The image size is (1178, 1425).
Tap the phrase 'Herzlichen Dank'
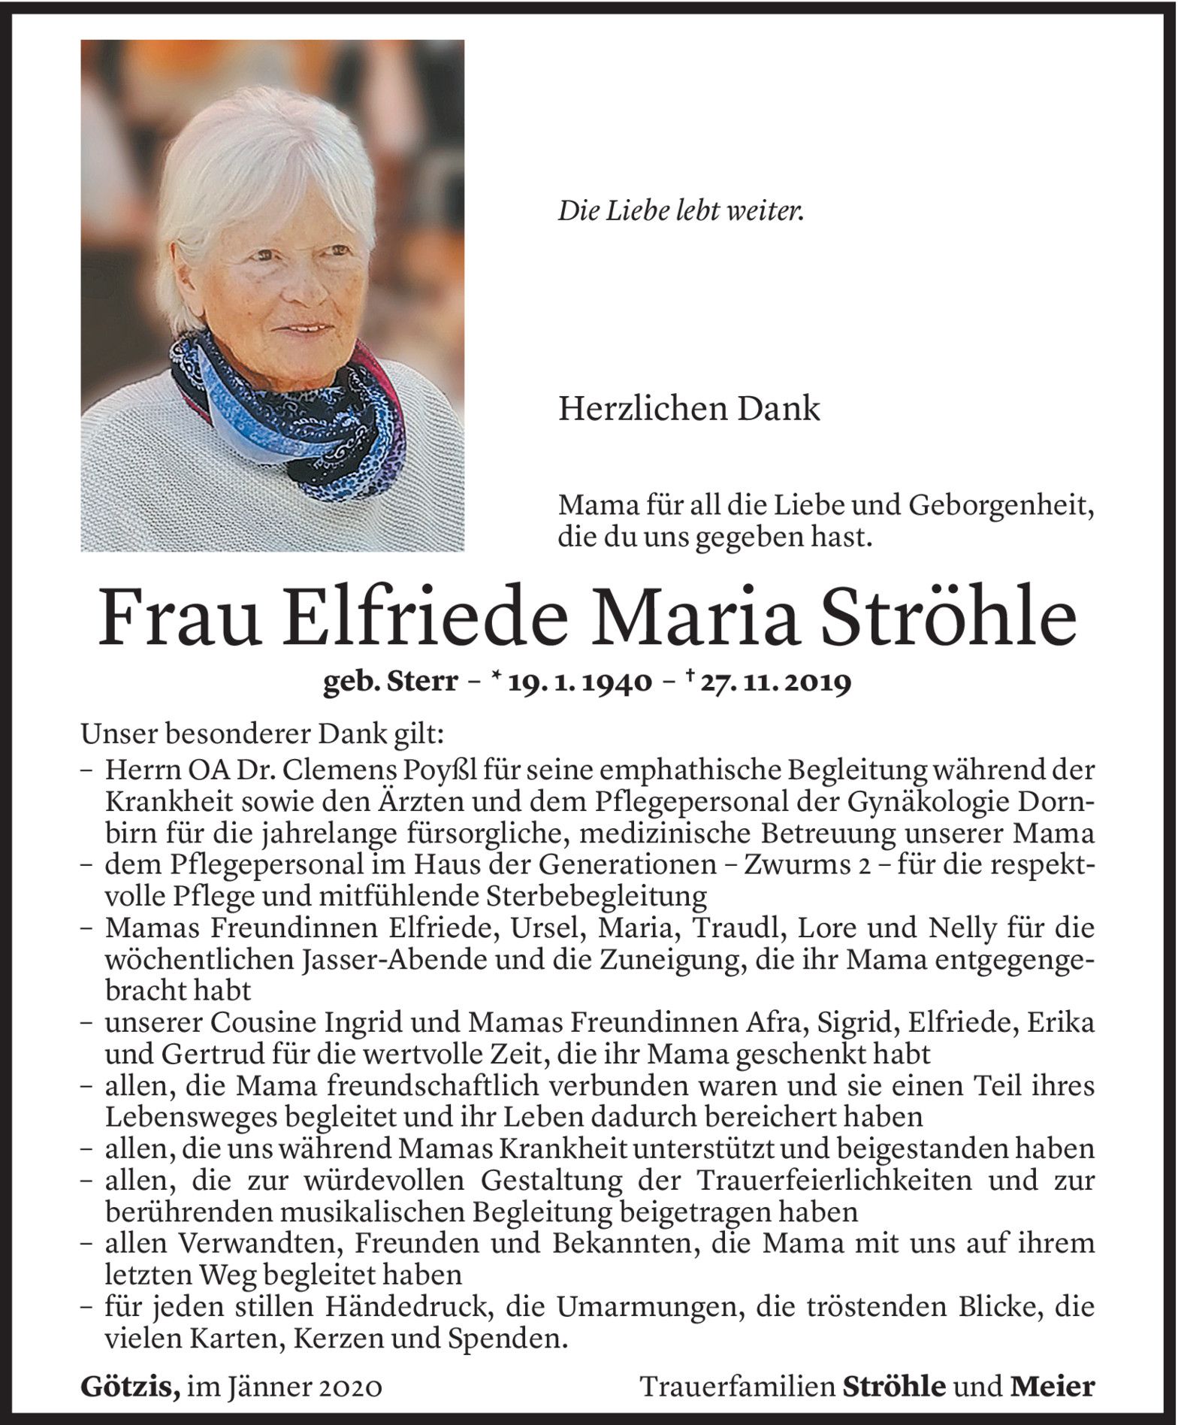[x=689, y=410]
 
